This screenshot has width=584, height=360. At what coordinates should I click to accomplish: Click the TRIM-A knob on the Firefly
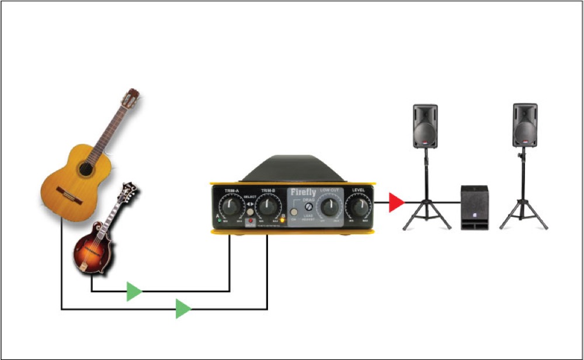tap(232, 206)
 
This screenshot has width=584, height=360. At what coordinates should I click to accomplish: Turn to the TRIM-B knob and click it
tap(267, 206)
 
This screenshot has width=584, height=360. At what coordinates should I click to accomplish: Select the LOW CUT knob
tap(330, 206)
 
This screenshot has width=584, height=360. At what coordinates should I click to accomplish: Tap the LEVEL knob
tap(359, 206)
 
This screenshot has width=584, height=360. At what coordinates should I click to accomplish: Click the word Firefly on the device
tap(303, 192)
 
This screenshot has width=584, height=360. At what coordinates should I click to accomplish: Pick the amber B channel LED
tap(283, 221)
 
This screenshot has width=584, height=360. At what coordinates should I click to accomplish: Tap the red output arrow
tap(397, 203)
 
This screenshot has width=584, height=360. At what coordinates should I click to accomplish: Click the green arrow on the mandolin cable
tap(134, 291)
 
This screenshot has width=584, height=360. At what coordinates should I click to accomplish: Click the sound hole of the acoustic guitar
tap(85, 169)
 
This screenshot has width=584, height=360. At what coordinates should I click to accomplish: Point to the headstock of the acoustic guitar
tap(130, 99)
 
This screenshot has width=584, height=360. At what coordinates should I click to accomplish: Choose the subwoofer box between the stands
tap(474, 207)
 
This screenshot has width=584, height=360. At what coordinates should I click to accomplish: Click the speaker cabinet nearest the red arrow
tap(425, 126)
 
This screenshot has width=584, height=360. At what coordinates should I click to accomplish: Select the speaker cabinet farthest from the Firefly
tap(524, 125)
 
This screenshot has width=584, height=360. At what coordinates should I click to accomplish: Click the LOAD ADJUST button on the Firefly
tap(294, 211)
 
